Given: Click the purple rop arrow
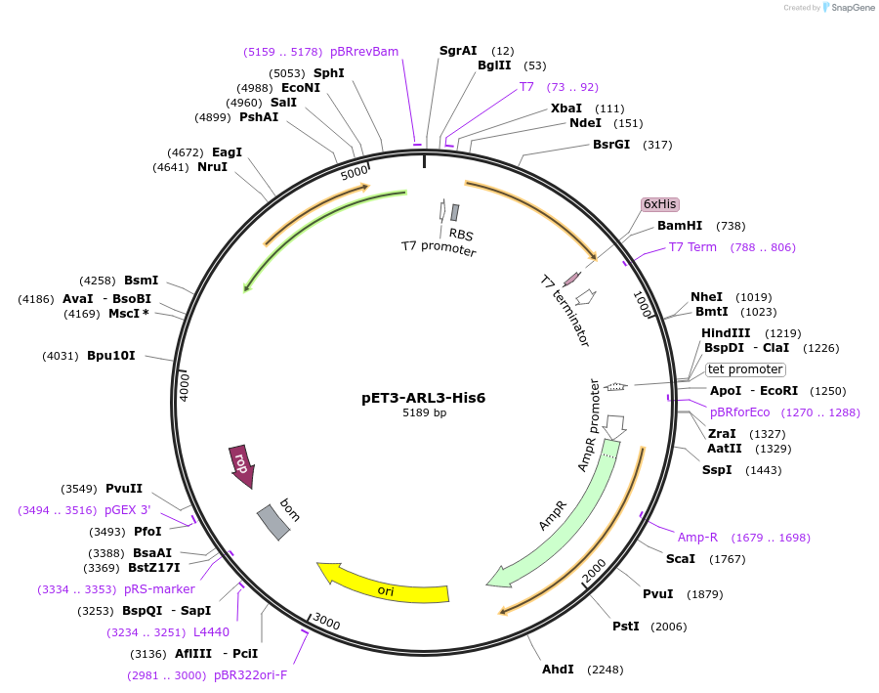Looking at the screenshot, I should pos(241,465).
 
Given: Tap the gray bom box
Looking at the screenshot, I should pos(272,522).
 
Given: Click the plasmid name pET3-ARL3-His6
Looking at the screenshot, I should pos(424,398).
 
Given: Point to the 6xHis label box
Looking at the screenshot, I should pos(659,203).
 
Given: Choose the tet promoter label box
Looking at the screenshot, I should pos(745,369).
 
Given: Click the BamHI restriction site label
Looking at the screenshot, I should pos(680,226).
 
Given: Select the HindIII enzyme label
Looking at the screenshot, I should pos(726,333).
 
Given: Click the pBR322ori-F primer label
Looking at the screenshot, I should pos(251,674).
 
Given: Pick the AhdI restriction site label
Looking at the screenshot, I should pos(559,670).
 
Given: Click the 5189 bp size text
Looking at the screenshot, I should pos(424,413).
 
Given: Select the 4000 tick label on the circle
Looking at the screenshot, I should pos(185,384).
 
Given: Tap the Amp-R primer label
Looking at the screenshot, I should pos(697,537).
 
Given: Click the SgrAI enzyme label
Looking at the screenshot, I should pos(458,50).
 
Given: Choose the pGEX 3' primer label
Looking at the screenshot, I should pos(127,509).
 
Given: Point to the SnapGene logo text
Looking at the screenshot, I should pos(853,8).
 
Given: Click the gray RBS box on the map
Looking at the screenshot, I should pos(454,212).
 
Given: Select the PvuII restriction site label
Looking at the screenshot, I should pos(124,488).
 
